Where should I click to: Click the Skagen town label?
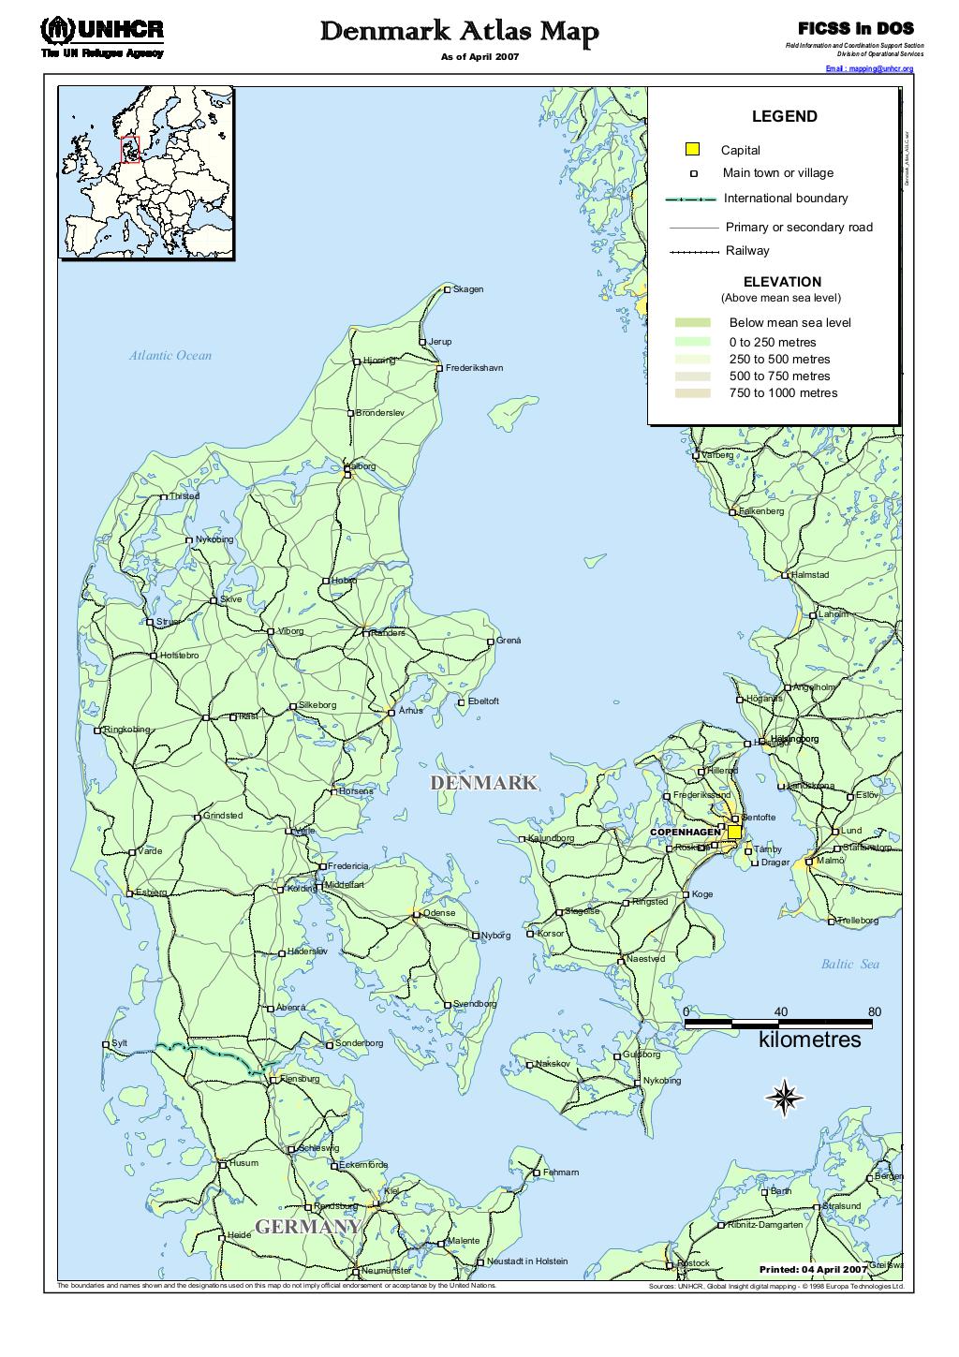468,289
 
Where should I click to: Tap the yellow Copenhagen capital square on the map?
734,832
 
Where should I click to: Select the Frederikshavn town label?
474,368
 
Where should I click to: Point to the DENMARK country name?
483,783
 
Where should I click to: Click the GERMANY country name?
308,1227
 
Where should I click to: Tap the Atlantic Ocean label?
170,356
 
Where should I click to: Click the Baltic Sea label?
850,964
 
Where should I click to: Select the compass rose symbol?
782,1097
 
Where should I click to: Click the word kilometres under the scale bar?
809,1040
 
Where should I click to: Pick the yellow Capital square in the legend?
692,149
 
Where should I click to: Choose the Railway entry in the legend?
747,251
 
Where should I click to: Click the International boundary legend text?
786,199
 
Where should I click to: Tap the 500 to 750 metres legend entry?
779,376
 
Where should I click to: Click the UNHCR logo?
102,36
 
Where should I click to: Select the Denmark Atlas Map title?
459,34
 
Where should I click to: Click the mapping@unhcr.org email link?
868,69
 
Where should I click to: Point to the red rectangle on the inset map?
130,149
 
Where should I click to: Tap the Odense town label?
439,913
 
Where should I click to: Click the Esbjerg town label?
151,892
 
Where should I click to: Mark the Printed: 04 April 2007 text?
813,1269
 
